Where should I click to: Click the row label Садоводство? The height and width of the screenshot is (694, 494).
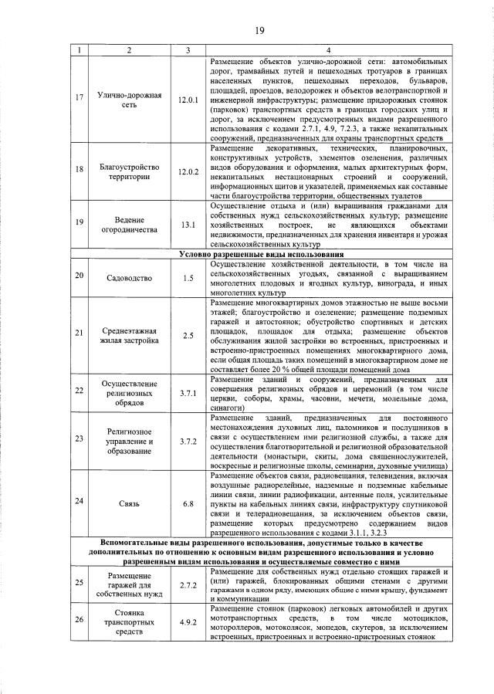(129, 278)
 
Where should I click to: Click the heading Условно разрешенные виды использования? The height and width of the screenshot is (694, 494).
(260, 254)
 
